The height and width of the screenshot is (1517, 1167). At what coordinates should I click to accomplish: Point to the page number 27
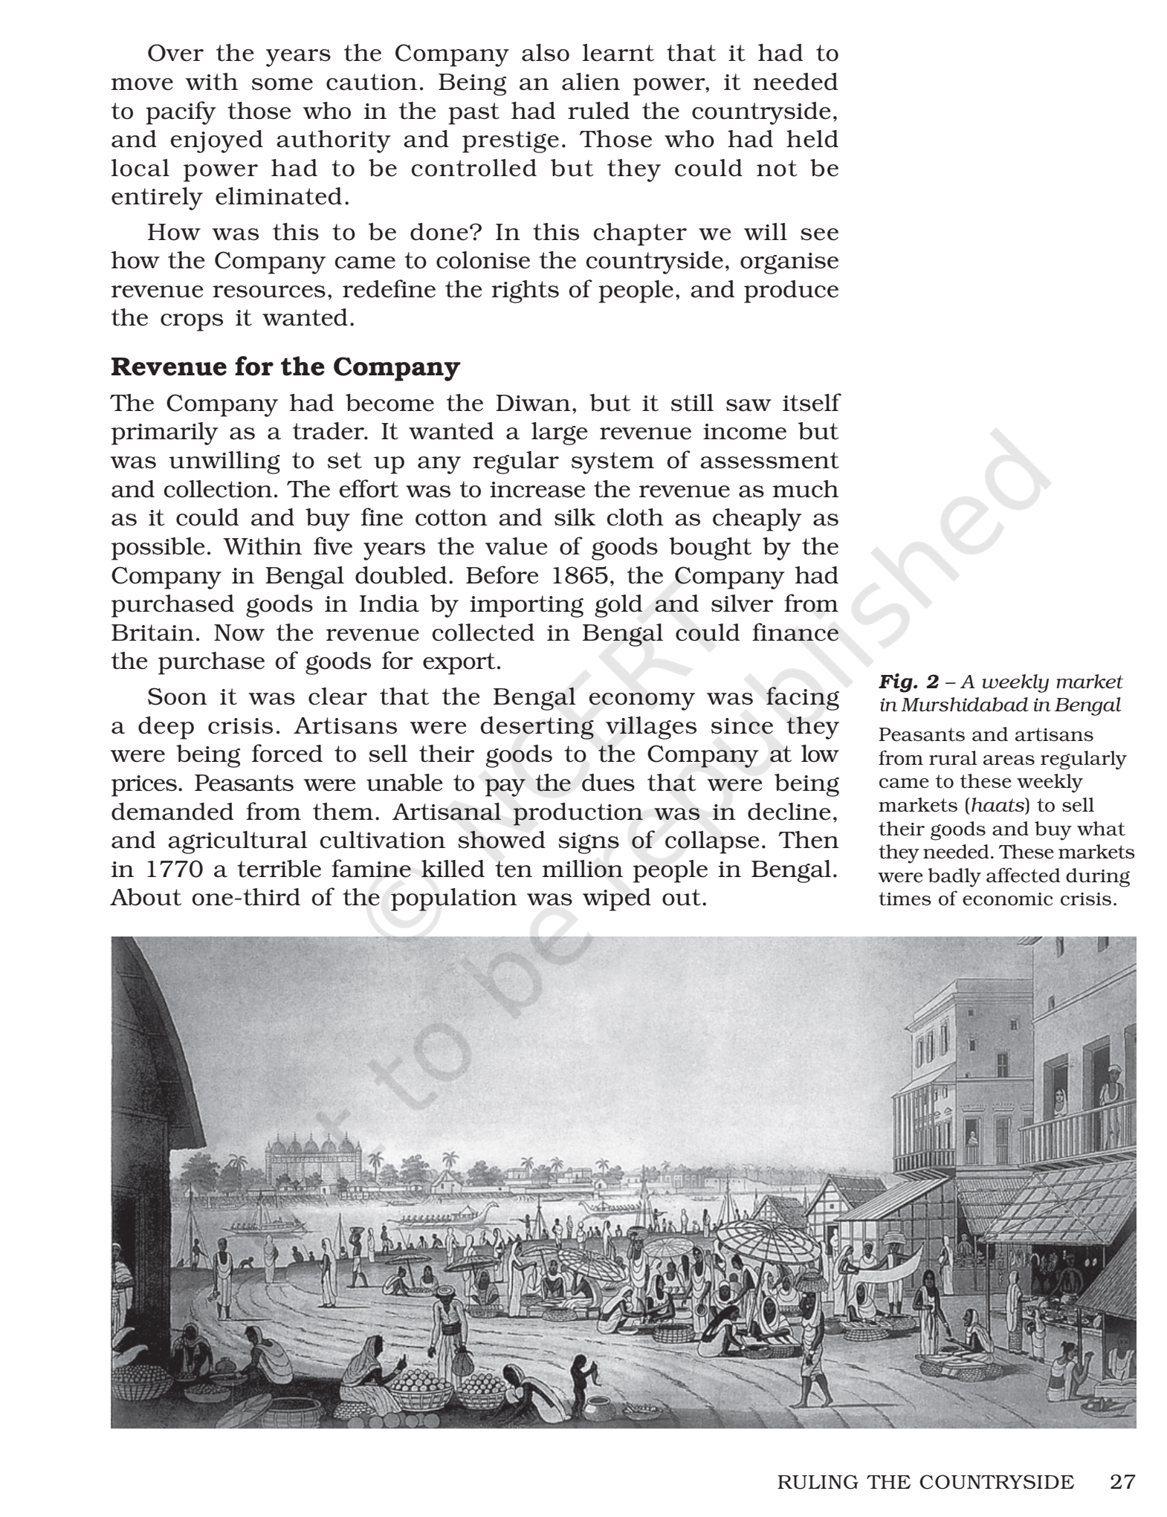click(1122, 1482)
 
